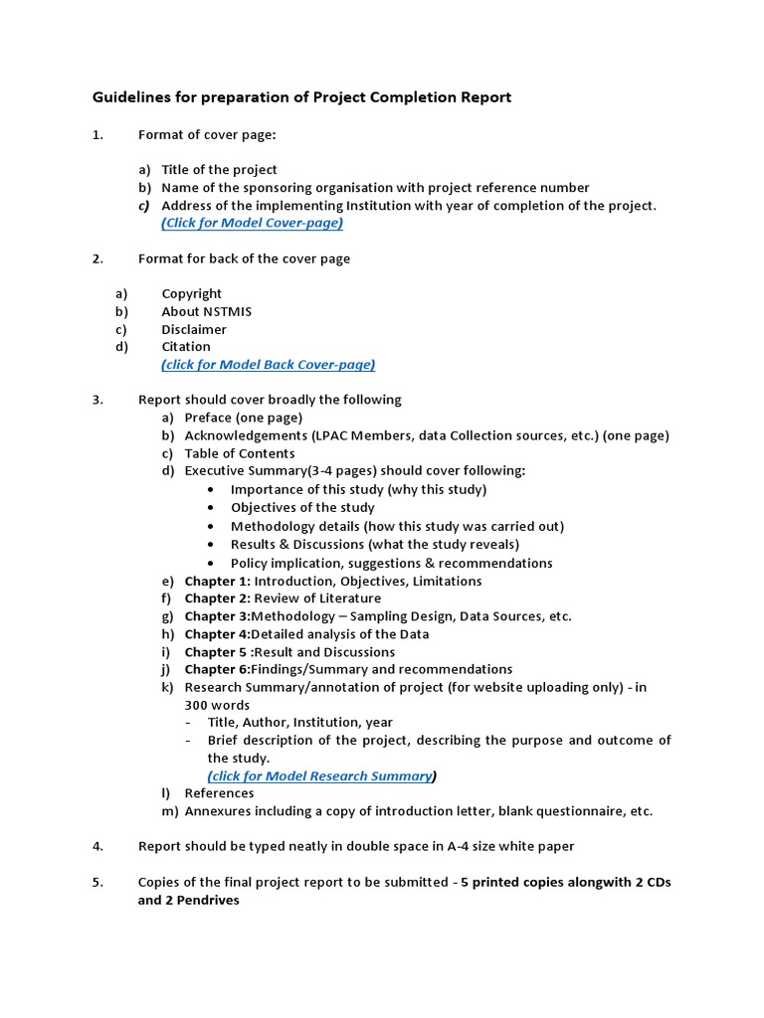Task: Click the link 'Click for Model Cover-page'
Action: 252,223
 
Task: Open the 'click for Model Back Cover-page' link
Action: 269,365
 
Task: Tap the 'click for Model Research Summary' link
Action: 320,775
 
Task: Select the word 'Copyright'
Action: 192,293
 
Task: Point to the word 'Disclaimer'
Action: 194,329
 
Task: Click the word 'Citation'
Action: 186,347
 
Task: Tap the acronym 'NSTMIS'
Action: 227,311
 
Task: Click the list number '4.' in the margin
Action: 97,846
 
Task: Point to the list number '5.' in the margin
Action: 97,883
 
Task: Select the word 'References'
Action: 219,793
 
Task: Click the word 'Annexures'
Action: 219,811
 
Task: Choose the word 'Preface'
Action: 208,418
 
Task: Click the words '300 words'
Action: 217,705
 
